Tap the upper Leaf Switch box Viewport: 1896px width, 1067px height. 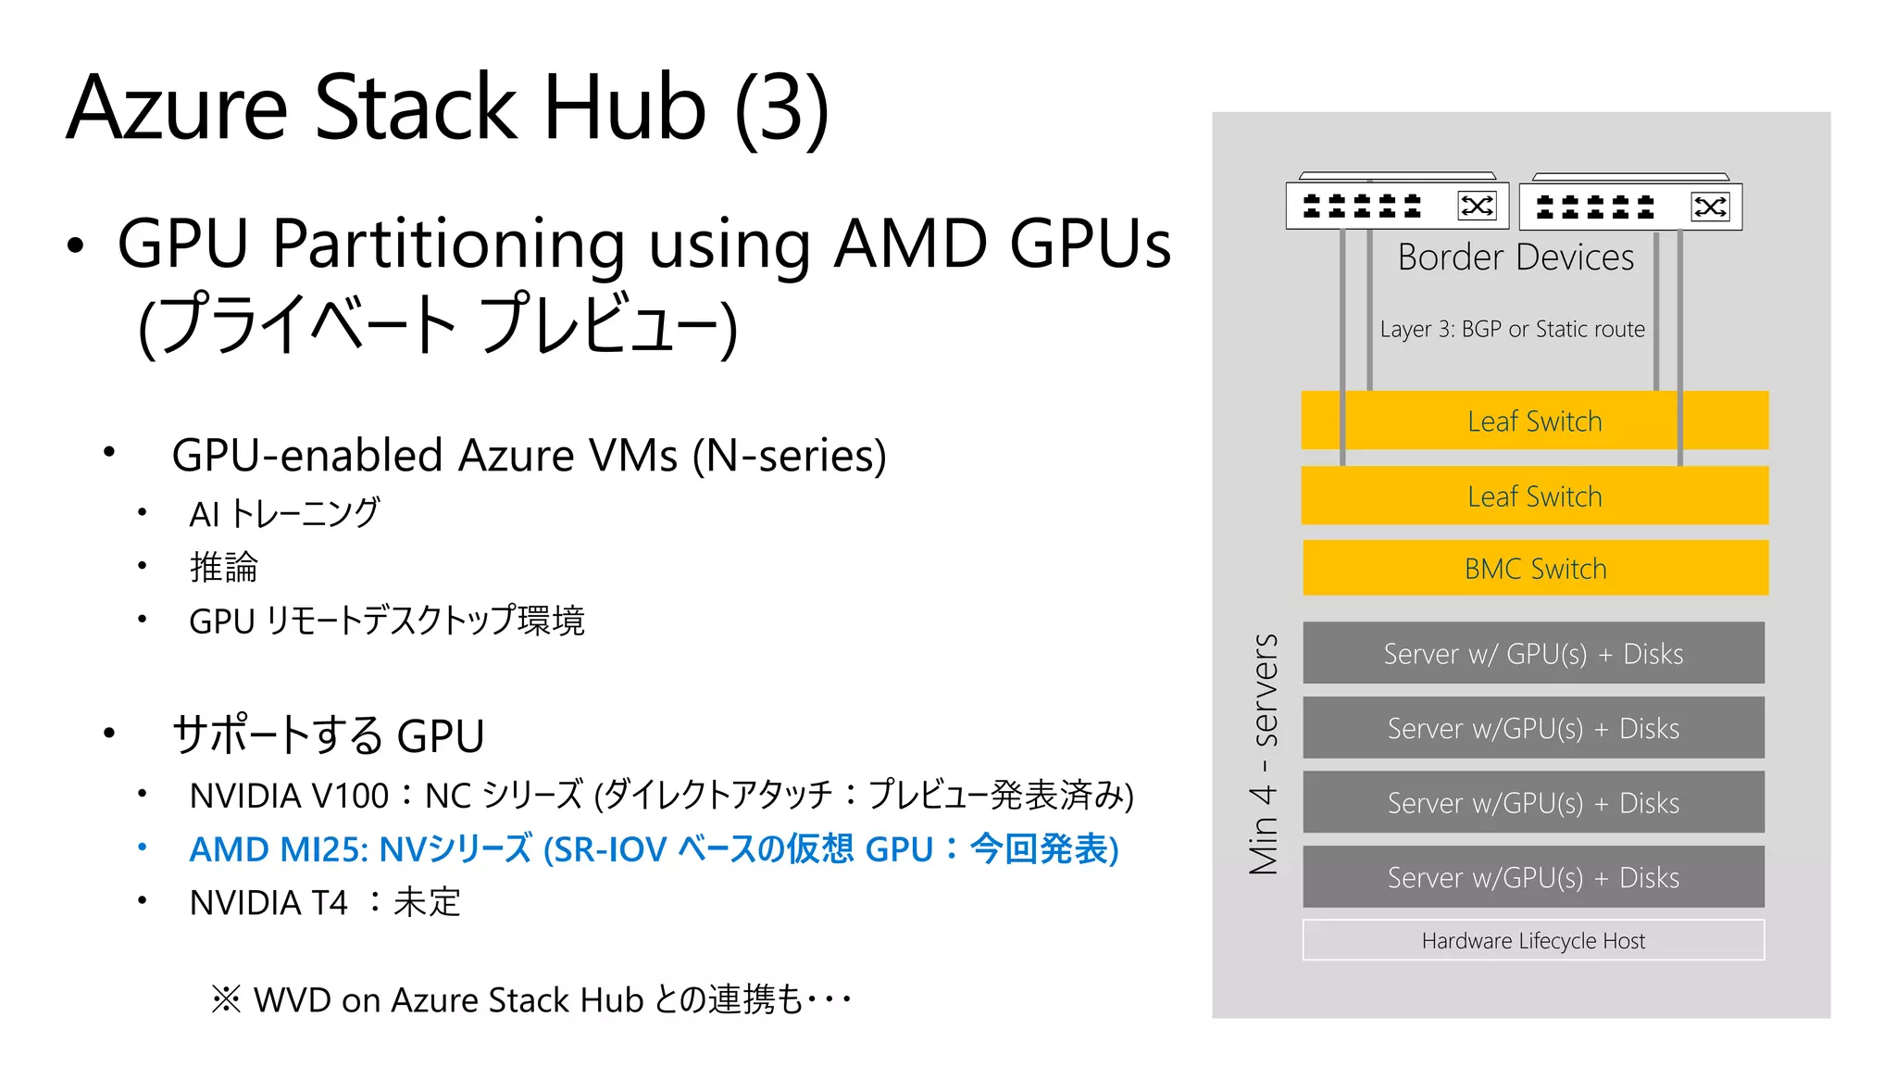pos(1534,421)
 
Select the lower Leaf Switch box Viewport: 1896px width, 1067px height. pos(1534,496)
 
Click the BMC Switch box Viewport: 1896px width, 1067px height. pos(1535,568)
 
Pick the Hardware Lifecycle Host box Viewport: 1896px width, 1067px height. pos(1533,940)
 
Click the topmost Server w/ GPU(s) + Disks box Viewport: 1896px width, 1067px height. pos(1533,653)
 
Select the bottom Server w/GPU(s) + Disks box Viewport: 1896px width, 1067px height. pos(1533,876)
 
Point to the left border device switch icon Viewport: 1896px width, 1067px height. pos(1397,205)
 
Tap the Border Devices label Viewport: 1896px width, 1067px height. pos(1516,257)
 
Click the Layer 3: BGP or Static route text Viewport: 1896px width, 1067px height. pos(1512,329)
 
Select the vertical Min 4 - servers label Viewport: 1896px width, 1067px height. pos(1264,754)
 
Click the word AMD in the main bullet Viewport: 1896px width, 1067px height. pos(911,244)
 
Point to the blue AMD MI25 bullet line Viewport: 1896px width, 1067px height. pos(654,848)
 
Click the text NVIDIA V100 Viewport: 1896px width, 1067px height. pos(289,796)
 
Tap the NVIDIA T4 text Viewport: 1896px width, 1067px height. pos(268,902)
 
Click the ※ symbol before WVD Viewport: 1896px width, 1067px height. pos(226,999)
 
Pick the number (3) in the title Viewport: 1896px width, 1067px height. pos(781,109)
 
